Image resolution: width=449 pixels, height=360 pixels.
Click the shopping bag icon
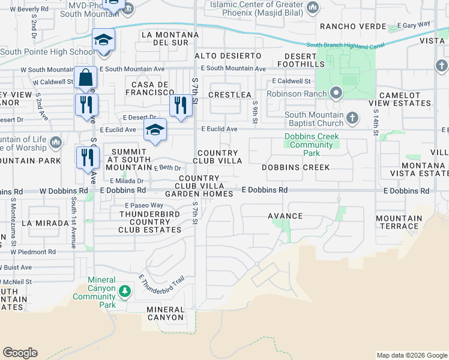click(86, 78)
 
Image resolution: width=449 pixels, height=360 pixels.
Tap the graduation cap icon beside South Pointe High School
click(103, 41)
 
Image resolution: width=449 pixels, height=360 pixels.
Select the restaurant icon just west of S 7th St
click(181, 106)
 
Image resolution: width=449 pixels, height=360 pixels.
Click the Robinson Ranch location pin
click(336, 93)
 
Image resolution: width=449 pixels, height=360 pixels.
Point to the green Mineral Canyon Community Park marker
click(124, 292)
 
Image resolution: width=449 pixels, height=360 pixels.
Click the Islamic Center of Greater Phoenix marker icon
click(312, 7)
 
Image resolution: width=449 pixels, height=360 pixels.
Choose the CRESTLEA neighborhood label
click(230, 95)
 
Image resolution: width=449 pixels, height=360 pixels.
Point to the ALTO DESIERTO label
click(228, 56)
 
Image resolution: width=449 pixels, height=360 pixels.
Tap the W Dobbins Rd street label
click(59, 191)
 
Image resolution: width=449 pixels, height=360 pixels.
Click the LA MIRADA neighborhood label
click(45, 223)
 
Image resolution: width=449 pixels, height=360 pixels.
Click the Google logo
click(20, 353)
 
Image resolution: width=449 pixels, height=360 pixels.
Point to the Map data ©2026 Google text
click(411, 355)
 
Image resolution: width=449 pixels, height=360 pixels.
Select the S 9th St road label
click(255, 112)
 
